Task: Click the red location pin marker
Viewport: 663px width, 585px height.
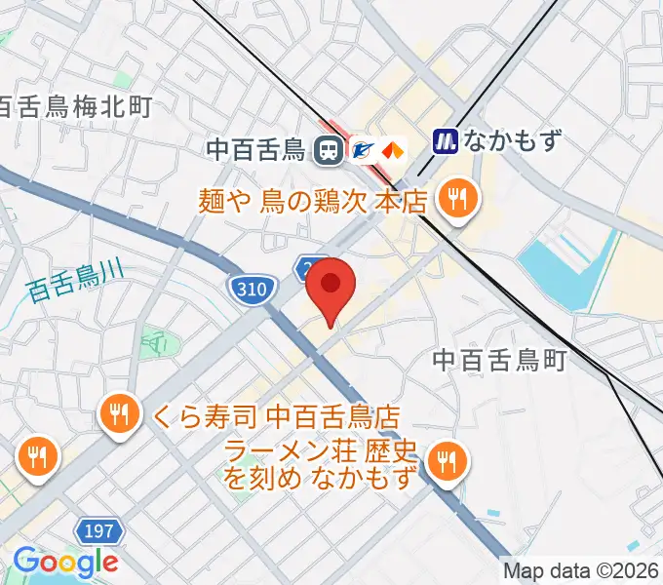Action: click(331, 286)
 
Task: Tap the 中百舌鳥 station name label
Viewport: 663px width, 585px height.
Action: click(256, 150)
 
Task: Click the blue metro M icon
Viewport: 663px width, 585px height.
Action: click(447, 141)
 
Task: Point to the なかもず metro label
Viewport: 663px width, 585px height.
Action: click(513, 141)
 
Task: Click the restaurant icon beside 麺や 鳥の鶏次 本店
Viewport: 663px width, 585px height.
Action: click(454, 201)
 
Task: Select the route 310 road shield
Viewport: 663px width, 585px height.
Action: click(250, 289)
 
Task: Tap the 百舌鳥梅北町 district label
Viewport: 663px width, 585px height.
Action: click(76, 106)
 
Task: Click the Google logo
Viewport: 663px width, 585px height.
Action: click(64, 563)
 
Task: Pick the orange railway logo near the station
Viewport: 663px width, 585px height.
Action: click(393, 150)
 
